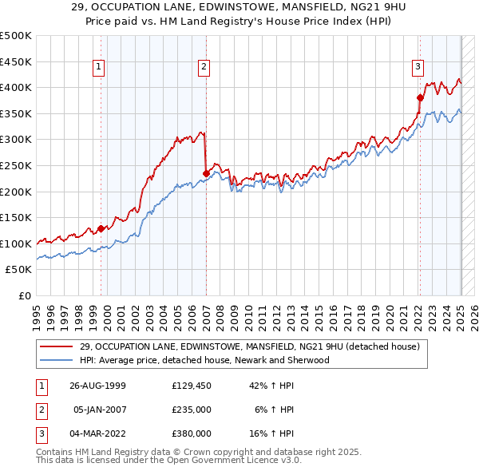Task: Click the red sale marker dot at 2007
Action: [x=206, y=172]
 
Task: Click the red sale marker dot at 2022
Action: [x=420, y=97]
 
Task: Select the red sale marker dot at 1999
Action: [x=101, y=228]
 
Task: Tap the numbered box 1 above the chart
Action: [x=98, y=68]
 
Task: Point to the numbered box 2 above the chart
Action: [x=204, y=68]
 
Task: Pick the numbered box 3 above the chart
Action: [x=418, y=67]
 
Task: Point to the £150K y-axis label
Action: [x=16, y=217]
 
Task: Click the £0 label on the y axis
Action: [x=24, y=295]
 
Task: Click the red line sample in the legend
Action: [x=57, y=346]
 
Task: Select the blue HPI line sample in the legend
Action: [x=57, y=360]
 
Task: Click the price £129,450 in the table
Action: [x=191, y=386]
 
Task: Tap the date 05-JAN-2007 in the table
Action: [x=99, y=410]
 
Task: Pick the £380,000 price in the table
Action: [x=191, y=433]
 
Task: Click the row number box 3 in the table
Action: [x=41, y=433]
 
